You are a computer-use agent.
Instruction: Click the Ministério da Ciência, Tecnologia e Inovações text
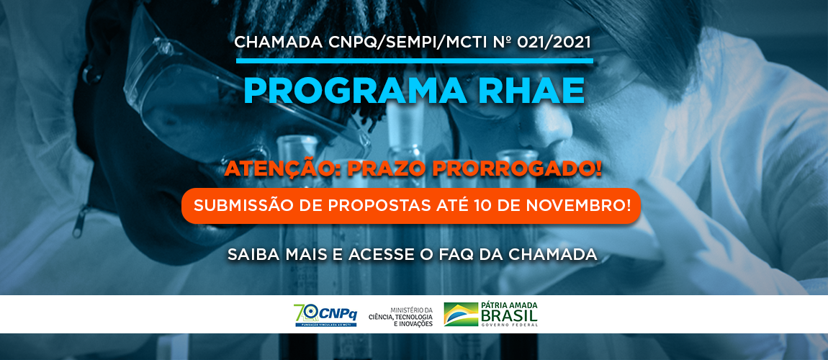[x=400, y=315]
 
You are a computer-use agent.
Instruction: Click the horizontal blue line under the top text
[x=413, y=61]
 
